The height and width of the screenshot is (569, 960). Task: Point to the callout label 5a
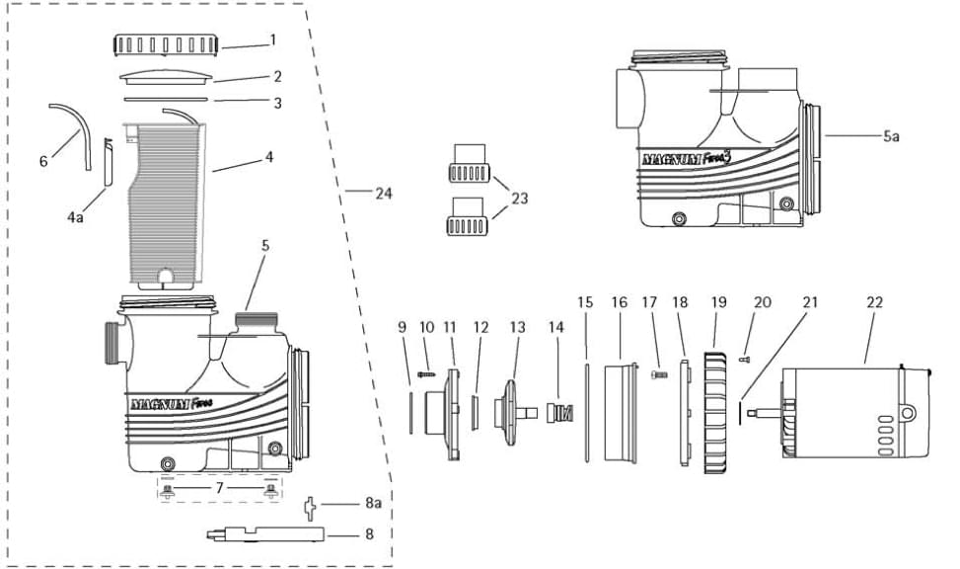click(890, 136)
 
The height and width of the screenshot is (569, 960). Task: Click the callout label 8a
click(372, 503)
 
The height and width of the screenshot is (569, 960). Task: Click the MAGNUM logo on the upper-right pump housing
click(686, 157)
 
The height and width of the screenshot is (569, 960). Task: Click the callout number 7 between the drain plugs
click(219, 489)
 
